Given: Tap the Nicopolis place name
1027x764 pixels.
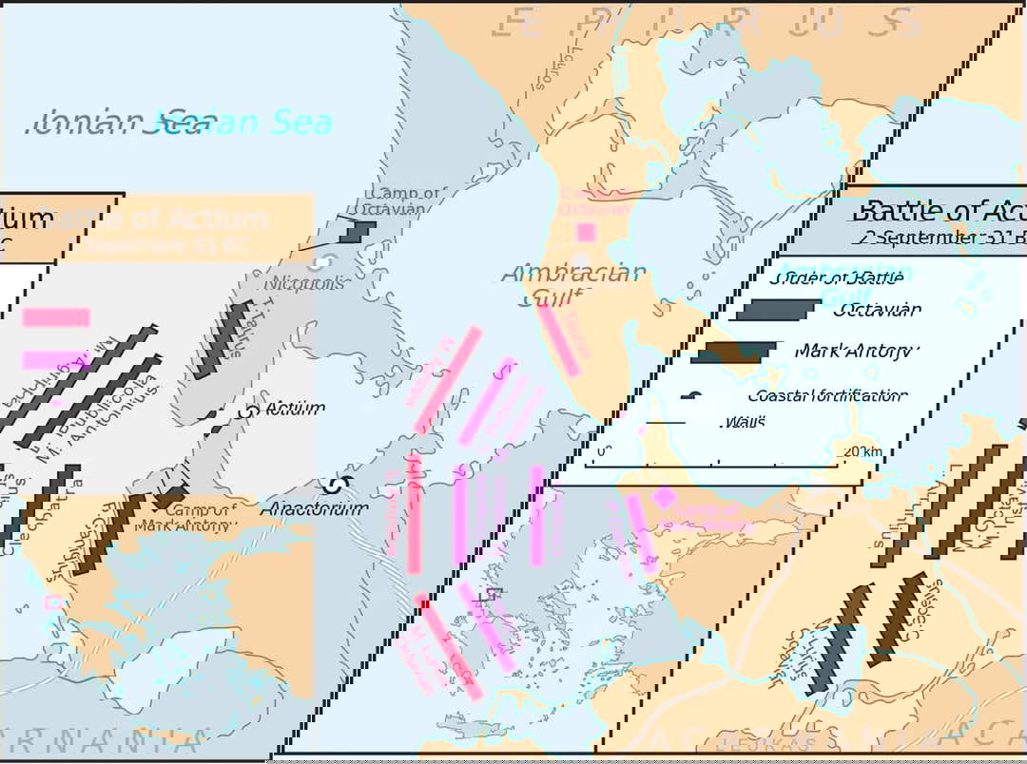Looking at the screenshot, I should click(x=305, y=283).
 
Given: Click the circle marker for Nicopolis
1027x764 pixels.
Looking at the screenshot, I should click(x=323, y=262).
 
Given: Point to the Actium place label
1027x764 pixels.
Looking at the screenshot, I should click(x=295, y=408).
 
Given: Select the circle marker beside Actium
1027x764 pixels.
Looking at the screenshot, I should click(x=251, y=412).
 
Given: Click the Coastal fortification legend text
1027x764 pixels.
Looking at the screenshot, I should click(x=827, y=395).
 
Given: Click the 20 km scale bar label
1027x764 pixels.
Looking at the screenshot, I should click(x=862, y=451).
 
